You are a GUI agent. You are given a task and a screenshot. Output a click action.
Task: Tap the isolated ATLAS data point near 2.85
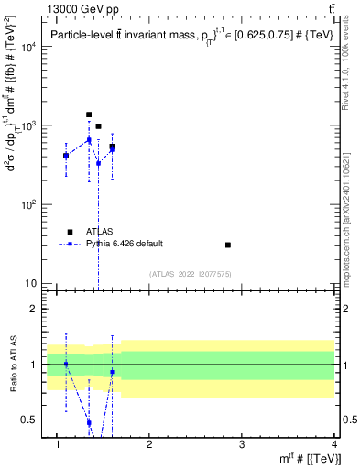point(228,245)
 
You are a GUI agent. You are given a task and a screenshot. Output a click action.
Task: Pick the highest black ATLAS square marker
point(89,115)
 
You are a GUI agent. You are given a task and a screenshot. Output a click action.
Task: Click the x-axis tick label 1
point(58,446)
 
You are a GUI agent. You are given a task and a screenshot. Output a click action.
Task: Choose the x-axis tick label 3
point(242,446)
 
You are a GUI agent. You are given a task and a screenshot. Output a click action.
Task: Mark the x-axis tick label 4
point(333,446)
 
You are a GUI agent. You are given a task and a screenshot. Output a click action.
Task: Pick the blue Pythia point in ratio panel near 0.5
point(89,422)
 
